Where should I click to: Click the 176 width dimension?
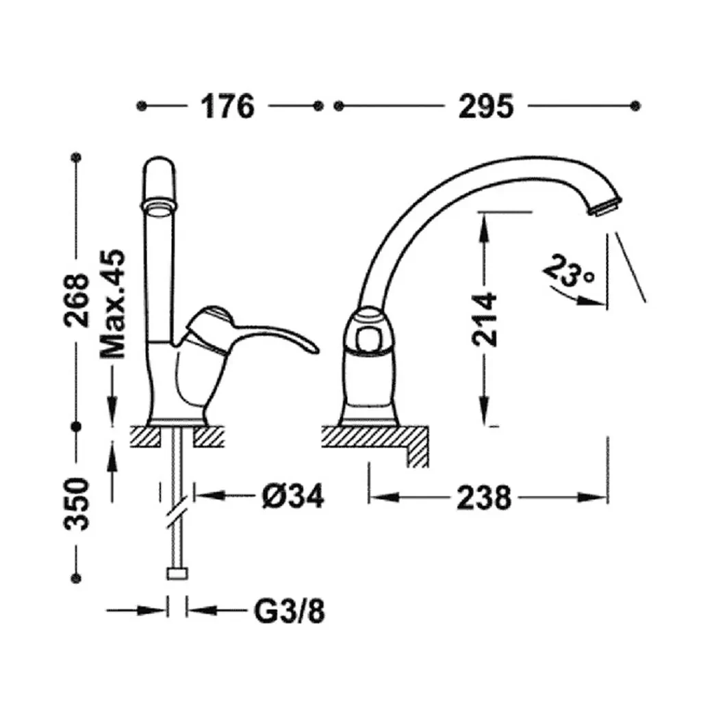click(x=227, y=106)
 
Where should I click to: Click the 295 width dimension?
click(x=486, y=106)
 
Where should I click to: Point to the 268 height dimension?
click(x=77, y=301)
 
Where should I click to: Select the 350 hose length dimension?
click(x=77, y=504)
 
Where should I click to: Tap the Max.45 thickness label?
click(x=113, y=303)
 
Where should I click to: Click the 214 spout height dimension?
click(x=485, y=319)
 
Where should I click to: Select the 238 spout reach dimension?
click(x=484, y=497)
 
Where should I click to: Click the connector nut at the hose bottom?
click(x=177, y=573)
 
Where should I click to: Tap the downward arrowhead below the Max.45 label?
click(x=112, y=407)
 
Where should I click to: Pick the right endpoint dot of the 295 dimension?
click(x=635, y=106)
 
